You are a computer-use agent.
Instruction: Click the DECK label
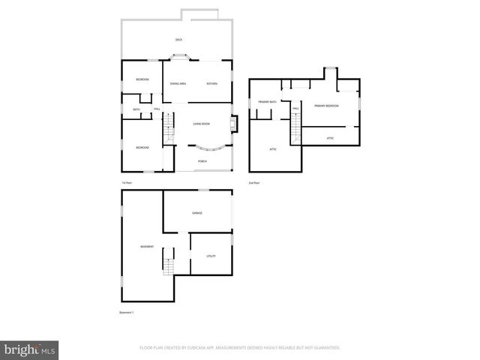pos(178,40)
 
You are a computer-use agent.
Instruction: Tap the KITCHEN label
pos(212,83)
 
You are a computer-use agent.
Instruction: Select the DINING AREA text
pos(178,83)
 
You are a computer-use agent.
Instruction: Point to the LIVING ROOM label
pos(201,123)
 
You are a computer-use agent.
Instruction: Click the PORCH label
pos(202,161)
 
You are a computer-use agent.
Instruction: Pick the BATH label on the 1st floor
pos(136,110)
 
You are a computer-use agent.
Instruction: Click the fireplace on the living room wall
pos(235,122)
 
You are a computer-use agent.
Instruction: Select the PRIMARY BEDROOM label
pos(326,106)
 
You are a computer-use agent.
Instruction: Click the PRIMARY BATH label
pos(268,101)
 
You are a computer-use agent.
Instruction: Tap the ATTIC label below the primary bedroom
pos(331,138)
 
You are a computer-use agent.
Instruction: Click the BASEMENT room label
pos(147,247)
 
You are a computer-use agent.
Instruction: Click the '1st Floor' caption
pos(127,183)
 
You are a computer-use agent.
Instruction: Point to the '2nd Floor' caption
pos(254,183)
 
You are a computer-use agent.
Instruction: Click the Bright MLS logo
pos(31,349)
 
